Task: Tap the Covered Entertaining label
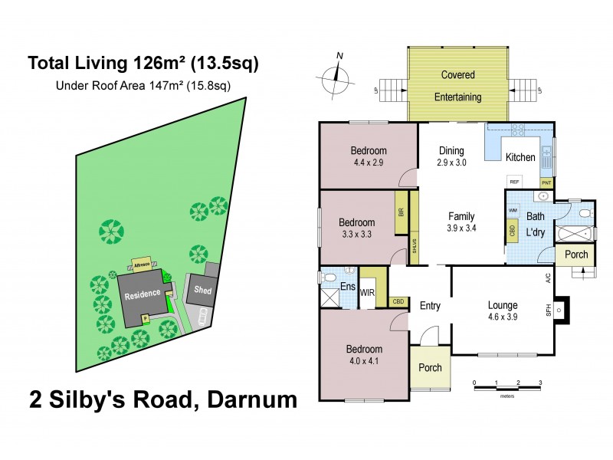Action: click(458, 86)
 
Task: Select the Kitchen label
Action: click(520, 157)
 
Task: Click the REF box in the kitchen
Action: click(513, 182)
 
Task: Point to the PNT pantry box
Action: click(546, 182)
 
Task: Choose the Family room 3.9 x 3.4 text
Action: click(461, 228)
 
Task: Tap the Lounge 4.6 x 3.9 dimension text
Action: click(503, 316)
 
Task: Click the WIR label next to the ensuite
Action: click(367, 292)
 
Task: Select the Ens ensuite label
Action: click(346, 287)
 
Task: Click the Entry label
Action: click(430, 306)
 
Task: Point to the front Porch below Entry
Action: click(430, 367)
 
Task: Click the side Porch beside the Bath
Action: click(576, 255)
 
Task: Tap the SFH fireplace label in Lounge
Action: click(549, 310)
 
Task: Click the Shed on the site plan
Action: click(202, 290)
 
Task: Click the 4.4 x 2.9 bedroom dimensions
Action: click(369, 163)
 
